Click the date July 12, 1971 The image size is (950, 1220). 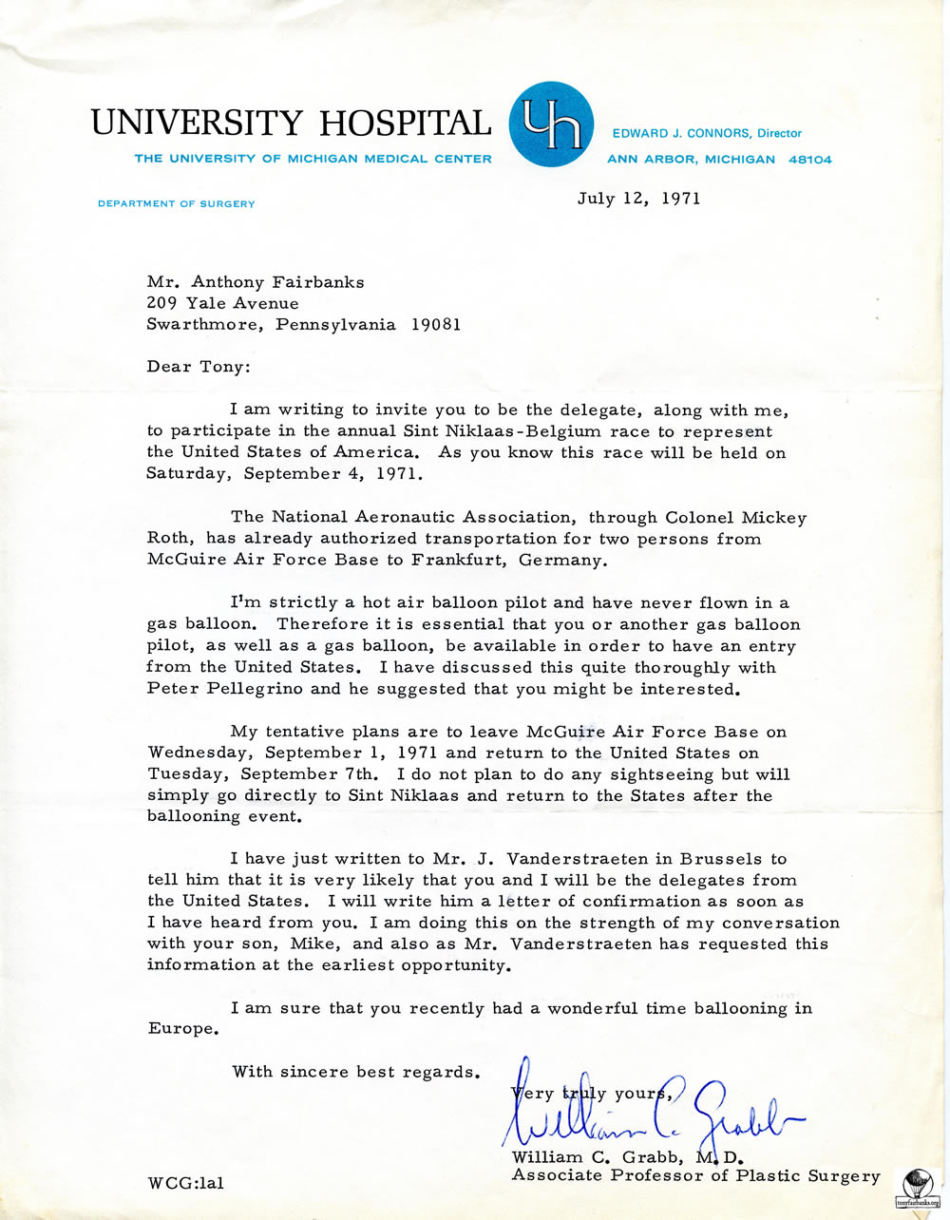[x=638, y=199]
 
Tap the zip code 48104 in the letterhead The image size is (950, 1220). [x=809, y=160]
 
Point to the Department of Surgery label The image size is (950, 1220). [x=176, y=203]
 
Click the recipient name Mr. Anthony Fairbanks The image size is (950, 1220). [x=255, y=281]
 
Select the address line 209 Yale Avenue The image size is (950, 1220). [x=222, y=303]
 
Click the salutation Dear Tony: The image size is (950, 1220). [x=197, y=367]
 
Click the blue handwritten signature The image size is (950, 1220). [x=646, y=1112]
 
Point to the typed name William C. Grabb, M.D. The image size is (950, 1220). [x=627, y=1157]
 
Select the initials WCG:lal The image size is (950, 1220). [x=185, y=1184]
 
